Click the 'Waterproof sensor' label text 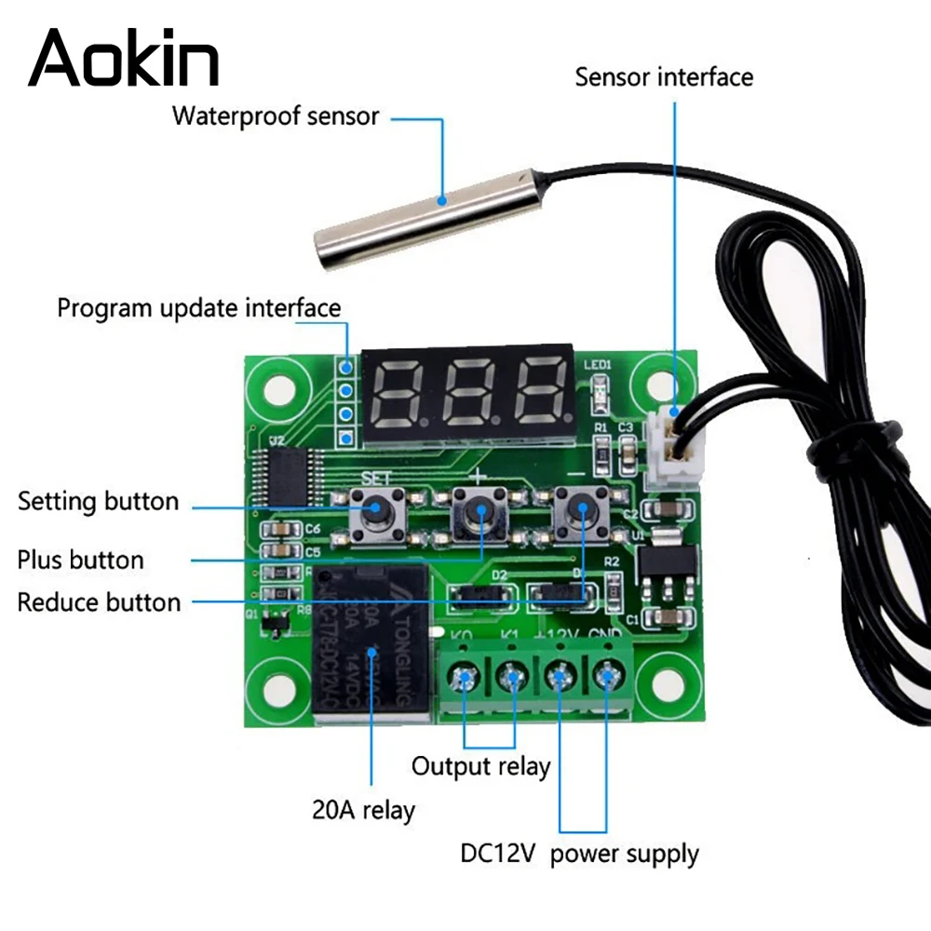click(276, 117)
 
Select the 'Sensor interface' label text click(663, 76)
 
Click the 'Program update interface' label click(199, 307)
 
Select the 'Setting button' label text click(98, 502)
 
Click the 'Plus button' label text click(81, 560)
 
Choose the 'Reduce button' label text click(99, 602)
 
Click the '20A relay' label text click(363, 810)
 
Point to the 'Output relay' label click(480, 767)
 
